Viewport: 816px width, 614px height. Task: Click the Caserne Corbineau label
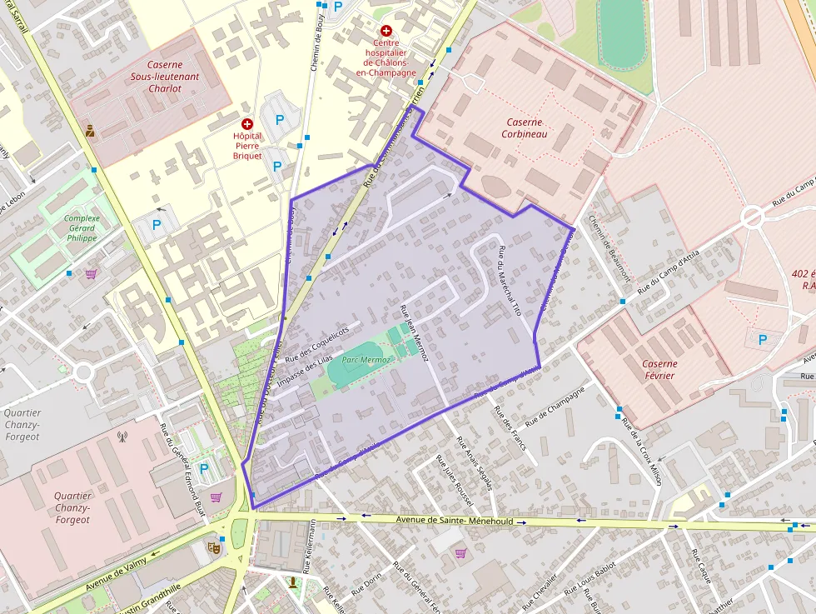tap(523, 128)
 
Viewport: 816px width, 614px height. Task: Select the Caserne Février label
tap(659, 370)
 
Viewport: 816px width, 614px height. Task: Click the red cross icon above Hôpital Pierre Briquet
tap(247, 123)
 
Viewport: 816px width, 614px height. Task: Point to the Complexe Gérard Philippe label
tap(82, 228)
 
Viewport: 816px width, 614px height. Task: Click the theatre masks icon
tap(213, 547)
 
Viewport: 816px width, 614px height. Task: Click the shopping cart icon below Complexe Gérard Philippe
tap(91, 273)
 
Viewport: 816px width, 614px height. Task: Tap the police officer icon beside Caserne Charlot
tap(90, 129)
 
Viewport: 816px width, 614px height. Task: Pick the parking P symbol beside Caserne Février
tap(763, 339)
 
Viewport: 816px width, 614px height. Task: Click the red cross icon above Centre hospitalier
tap(386, 29)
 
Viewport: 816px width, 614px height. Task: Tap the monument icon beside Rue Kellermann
tap(293, 582)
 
